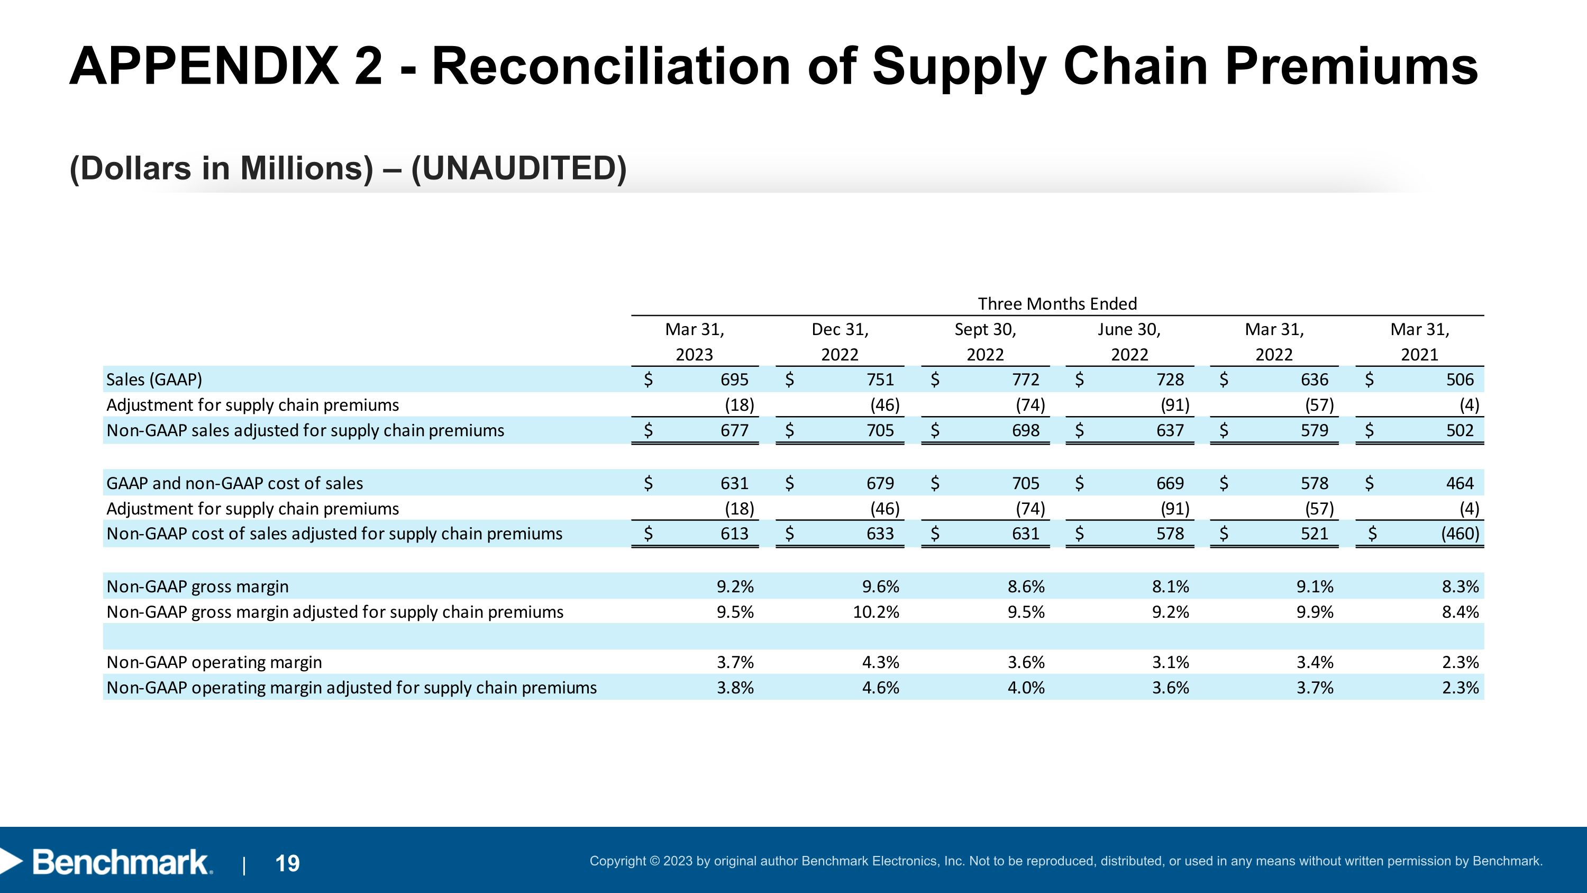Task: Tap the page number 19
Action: tap(287, 863)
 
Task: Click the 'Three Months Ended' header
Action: tap(1057, 304)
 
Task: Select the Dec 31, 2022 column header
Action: tap(840, 342)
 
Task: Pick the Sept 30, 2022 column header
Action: tap(985, 342)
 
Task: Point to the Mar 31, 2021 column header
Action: tap(1419, 342)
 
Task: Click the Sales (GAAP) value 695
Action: tap(734, 380)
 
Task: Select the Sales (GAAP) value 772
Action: tap(1026, 380)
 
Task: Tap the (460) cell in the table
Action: tap(1460, 534)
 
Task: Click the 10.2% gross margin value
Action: tap(876, 612)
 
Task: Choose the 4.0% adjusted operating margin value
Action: tap(1026, 688)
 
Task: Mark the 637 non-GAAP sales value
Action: tap(1170, 430)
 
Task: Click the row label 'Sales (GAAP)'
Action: tap(154, 380)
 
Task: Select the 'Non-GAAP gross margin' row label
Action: tap(197, 587)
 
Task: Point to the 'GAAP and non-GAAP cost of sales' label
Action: tap(235, 483)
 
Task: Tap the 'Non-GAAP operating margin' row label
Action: tap(214, 663)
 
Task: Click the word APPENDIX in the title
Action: tap(204, 66)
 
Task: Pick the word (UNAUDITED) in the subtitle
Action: tap(519, 168)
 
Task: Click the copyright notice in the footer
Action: tap(1066, 861)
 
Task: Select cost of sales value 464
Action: tap(1460, 483)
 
